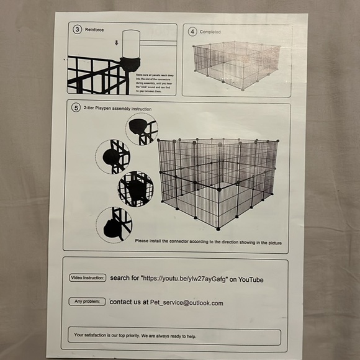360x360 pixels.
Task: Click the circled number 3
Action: point(77,29)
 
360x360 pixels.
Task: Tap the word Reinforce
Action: point(94,29)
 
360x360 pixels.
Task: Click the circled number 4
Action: point(192,31)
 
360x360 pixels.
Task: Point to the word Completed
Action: point(210,32)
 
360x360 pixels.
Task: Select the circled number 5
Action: point(76,107)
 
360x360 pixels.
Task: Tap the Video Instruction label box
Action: point(88,277)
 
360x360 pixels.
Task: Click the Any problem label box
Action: point(86,302)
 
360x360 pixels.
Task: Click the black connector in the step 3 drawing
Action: point(130,63)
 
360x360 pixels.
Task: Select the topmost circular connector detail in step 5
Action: point(142,129)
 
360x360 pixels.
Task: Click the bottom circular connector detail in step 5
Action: point(114,224)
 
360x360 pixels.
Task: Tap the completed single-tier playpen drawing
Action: point(236,65)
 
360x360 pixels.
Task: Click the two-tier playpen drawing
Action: point(217,180)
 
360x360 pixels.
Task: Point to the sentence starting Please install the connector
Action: point(208,242)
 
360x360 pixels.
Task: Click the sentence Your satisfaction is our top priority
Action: point(135,335)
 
